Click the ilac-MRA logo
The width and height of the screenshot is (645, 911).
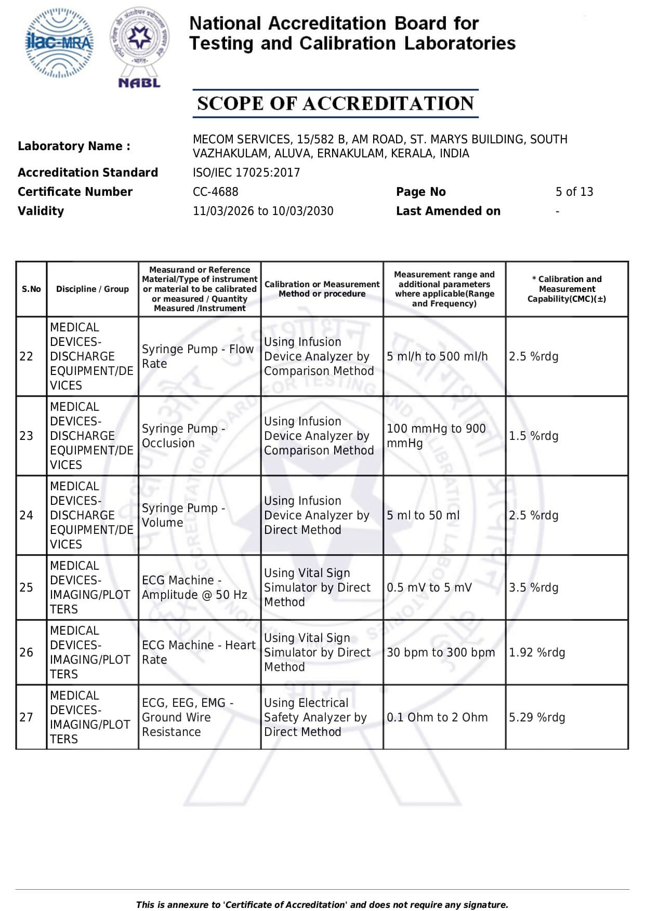60,43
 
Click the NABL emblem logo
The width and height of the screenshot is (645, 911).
139,47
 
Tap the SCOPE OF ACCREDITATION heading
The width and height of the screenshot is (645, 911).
335,103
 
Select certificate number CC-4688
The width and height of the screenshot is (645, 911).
215,192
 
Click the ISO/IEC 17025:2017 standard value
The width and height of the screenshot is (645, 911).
246,172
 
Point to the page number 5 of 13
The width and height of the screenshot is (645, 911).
574,192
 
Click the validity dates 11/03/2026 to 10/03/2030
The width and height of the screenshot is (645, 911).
263,211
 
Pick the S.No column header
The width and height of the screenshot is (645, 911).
31,289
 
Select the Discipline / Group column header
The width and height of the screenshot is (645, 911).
93,289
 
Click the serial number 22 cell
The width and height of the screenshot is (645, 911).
27,356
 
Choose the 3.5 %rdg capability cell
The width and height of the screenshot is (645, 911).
534,587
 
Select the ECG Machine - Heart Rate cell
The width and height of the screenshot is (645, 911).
199,652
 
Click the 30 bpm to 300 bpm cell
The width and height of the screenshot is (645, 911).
441,652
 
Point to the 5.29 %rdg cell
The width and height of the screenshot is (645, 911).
537,717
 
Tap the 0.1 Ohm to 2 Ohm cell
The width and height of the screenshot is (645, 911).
437,717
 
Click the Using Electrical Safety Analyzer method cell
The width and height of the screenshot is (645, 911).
315,717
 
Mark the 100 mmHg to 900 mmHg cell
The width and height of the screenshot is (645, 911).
436,436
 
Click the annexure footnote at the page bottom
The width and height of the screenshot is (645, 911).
322,904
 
